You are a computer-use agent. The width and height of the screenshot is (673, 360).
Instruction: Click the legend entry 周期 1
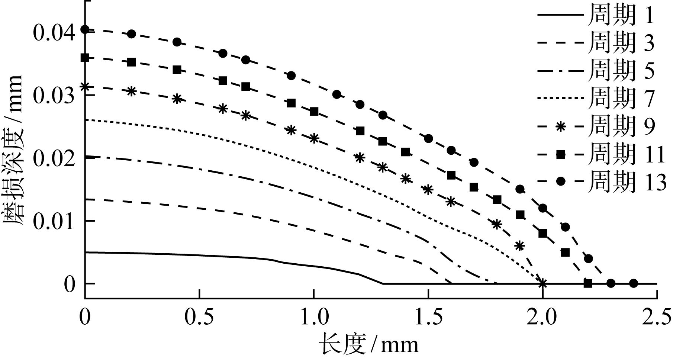click(621, 16)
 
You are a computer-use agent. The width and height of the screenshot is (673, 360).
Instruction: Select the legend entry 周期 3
click(621, 43)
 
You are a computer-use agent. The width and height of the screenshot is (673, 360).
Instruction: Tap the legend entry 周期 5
click(621, 71)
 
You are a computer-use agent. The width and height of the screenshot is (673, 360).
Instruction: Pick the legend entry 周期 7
click(621, 98)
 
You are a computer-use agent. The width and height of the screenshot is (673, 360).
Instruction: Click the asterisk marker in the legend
click(561, 126)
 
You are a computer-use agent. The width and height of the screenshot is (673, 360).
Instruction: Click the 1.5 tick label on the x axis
click(428, 318)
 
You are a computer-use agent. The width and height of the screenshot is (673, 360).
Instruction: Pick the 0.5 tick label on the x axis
click(199, 318)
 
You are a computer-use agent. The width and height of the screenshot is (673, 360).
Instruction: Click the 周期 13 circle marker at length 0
click(85, 29)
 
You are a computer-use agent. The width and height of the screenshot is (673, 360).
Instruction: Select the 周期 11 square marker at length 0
click(85, 58)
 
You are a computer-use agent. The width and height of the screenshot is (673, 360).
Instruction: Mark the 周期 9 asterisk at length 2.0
click(542, 284)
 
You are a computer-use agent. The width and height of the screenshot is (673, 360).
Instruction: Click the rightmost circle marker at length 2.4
click(634, 284)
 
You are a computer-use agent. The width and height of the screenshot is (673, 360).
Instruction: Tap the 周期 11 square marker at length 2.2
click(588, 284)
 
